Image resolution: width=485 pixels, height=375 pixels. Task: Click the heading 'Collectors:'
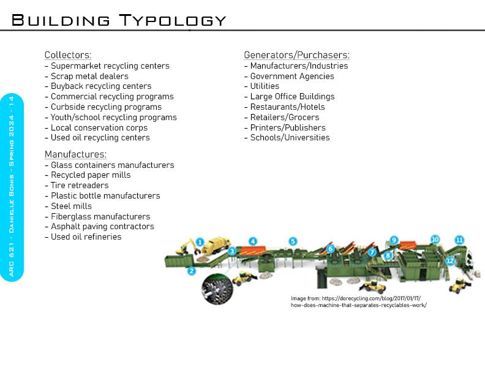coord(68,55)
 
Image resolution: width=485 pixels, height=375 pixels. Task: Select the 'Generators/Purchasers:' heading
coord(296,55)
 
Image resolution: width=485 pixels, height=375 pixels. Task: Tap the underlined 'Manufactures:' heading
coord(75,154)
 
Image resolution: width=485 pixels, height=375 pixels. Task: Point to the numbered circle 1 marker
coord(199,243)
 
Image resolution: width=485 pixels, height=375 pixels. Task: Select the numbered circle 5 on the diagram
coord(293,241)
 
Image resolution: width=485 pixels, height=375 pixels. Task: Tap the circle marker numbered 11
coord(459,240)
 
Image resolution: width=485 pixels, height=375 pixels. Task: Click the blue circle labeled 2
coord(191,271)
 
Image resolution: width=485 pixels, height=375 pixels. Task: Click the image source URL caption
coord(358,301)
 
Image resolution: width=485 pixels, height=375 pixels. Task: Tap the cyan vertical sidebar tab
coord(12,187)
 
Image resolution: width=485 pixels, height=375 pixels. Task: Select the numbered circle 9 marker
coord(394,240)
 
